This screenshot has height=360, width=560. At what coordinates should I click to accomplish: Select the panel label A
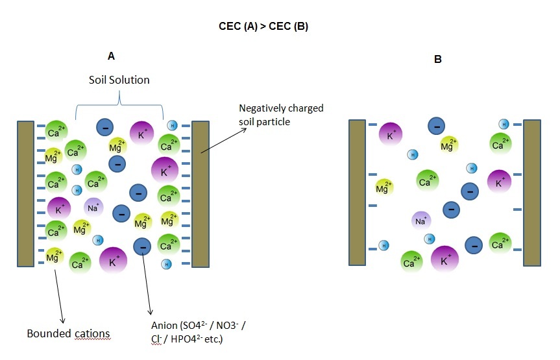coord(111,56)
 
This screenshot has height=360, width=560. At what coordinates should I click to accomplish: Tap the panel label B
coord(438,59)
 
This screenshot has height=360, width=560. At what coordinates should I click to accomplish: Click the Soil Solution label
coord(119,80)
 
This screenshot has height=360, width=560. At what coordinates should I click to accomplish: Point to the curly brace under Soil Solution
coord(119,104)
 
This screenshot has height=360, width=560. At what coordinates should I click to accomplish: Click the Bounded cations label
coord(68,333)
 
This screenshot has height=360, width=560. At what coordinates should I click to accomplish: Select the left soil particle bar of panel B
coord(358,192)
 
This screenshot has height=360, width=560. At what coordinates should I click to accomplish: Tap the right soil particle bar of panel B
coord(532,192)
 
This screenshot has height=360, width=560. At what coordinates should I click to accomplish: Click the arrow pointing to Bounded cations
coord(59,295)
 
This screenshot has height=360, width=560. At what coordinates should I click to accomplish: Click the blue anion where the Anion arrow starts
coord(142,246)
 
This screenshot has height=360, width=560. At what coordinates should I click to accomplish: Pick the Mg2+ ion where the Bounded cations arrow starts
coord(53,256)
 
